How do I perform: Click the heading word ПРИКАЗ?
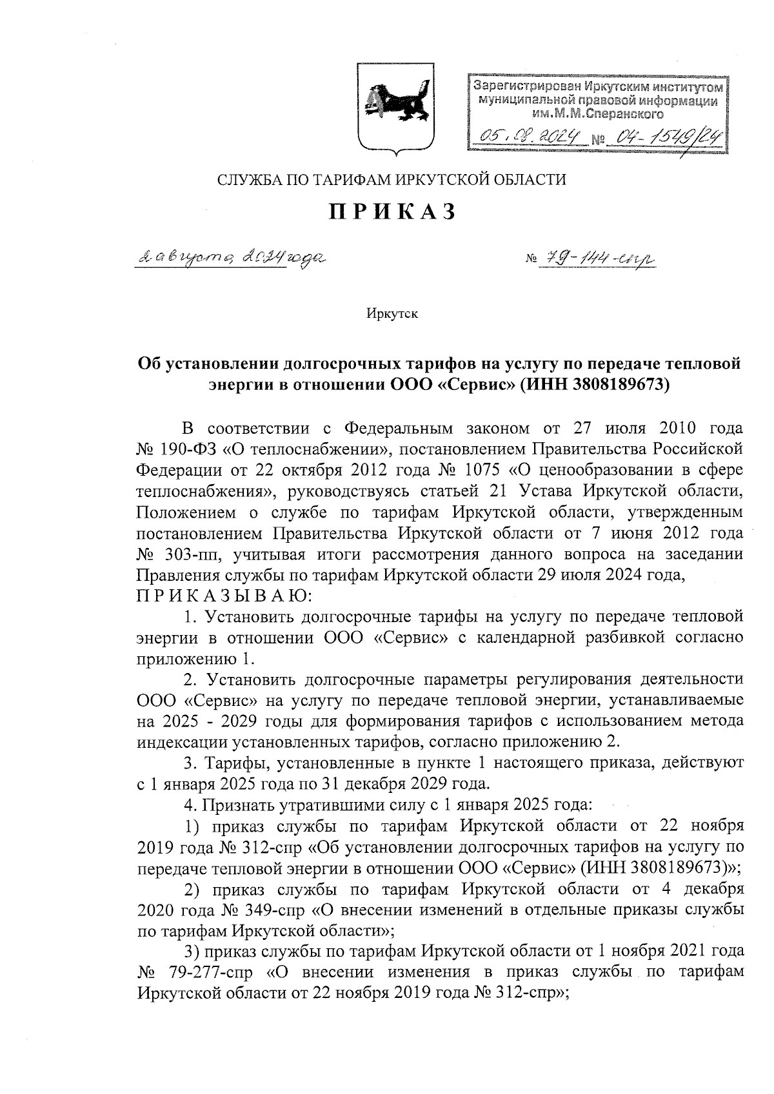[393, 211]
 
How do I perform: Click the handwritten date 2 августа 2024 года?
[230, 259]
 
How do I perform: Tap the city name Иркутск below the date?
[392, 315]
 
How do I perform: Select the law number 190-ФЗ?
[188, 448]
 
